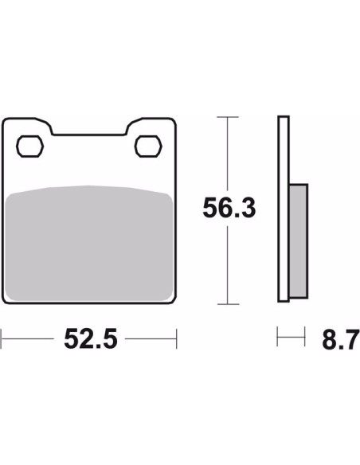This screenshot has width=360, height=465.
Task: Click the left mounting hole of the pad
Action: (x=29, y=147)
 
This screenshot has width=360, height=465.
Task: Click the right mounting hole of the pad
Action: (x=148, y=147)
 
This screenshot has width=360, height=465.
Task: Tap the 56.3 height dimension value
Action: (x=229, y=208)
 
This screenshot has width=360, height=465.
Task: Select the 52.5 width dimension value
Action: (x=91, y=338)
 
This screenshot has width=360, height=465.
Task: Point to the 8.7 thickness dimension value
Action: (x=341, y=340)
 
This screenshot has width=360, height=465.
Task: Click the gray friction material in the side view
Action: (x=299, y=241)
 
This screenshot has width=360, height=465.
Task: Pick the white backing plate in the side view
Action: (x=284, y=209)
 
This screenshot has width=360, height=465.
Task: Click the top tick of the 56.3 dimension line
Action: (x=228, y=117)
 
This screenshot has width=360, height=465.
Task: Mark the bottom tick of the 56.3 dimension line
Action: (x=228, y=304)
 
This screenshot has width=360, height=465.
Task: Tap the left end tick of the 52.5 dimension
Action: (x=1, y=338)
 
